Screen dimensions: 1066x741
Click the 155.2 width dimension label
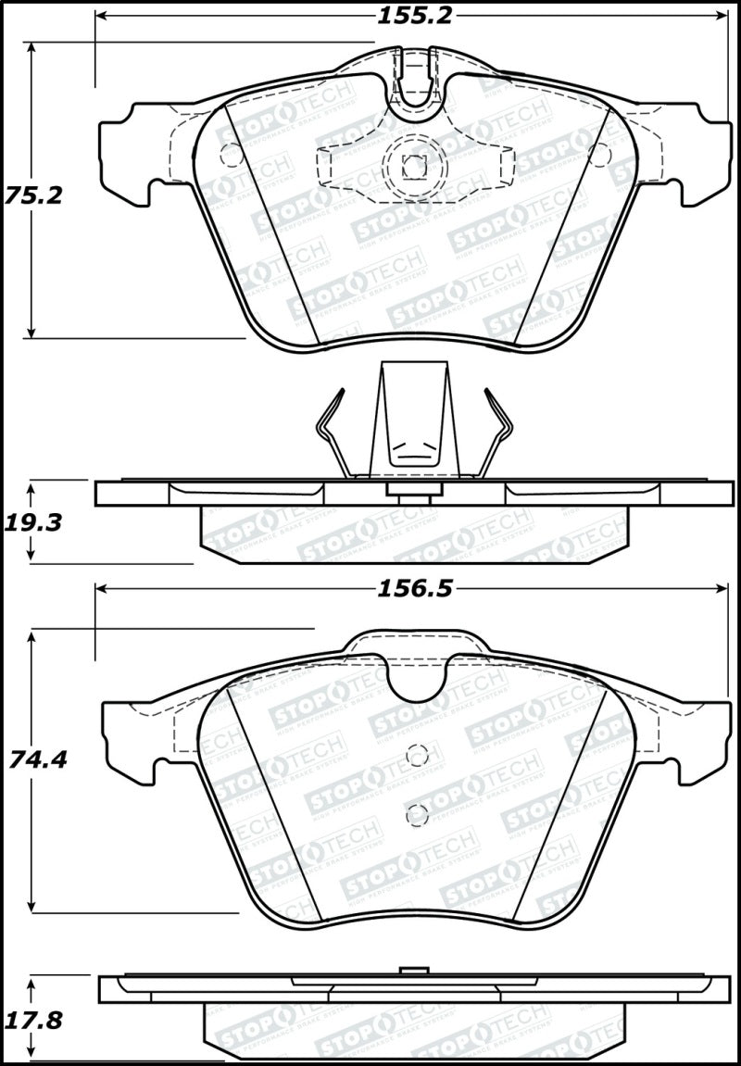pyautogui.click(x=414, y=15)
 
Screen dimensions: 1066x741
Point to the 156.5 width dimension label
pyautogui.click(x=414, y=590)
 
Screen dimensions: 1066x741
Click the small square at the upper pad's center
pyautogui.click(x=413, y=167)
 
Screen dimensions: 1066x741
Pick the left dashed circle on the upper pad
pyautogui.click(x=229, y=155)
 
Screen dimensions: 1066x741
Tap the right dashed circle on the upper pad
pyautogui.click(x=598, y=155)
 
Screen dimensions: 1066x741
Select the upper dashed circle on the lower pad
pyautogui.click(x=418, y=756)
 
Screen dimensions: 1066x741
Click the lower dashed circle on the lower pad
pyautogui.click(x=418, y=815)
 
